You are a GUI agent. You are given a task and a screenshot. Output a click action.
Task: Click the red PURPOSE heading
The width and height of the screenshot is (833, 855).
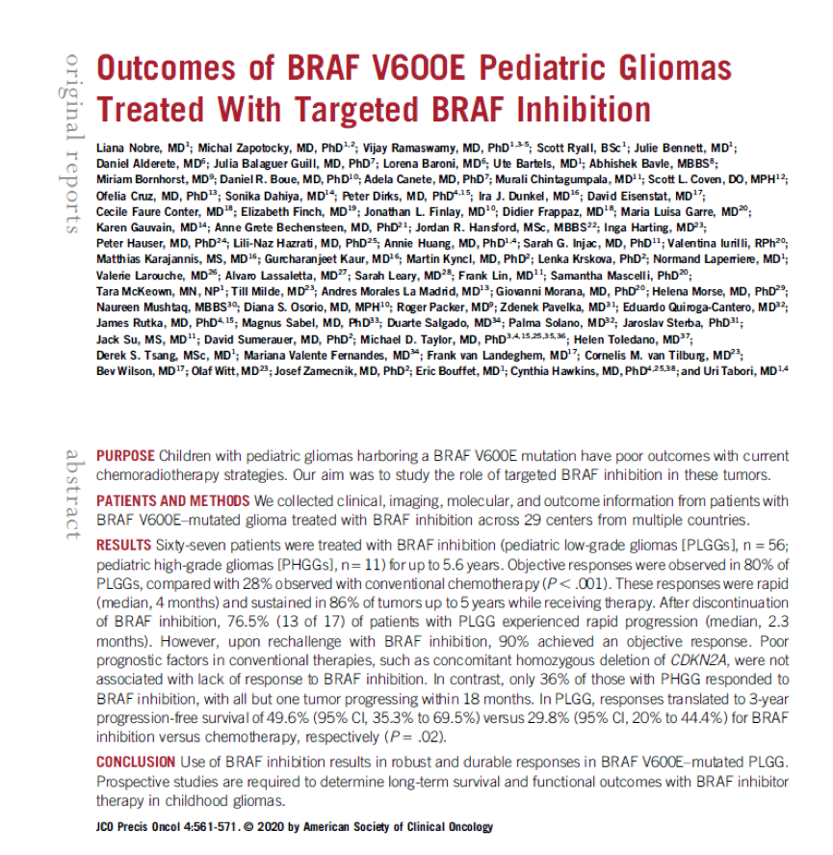[125, 455]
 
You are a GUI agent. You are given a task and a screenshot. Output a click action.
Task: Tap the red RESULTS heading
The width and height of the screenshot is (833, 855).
[123, 545]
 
